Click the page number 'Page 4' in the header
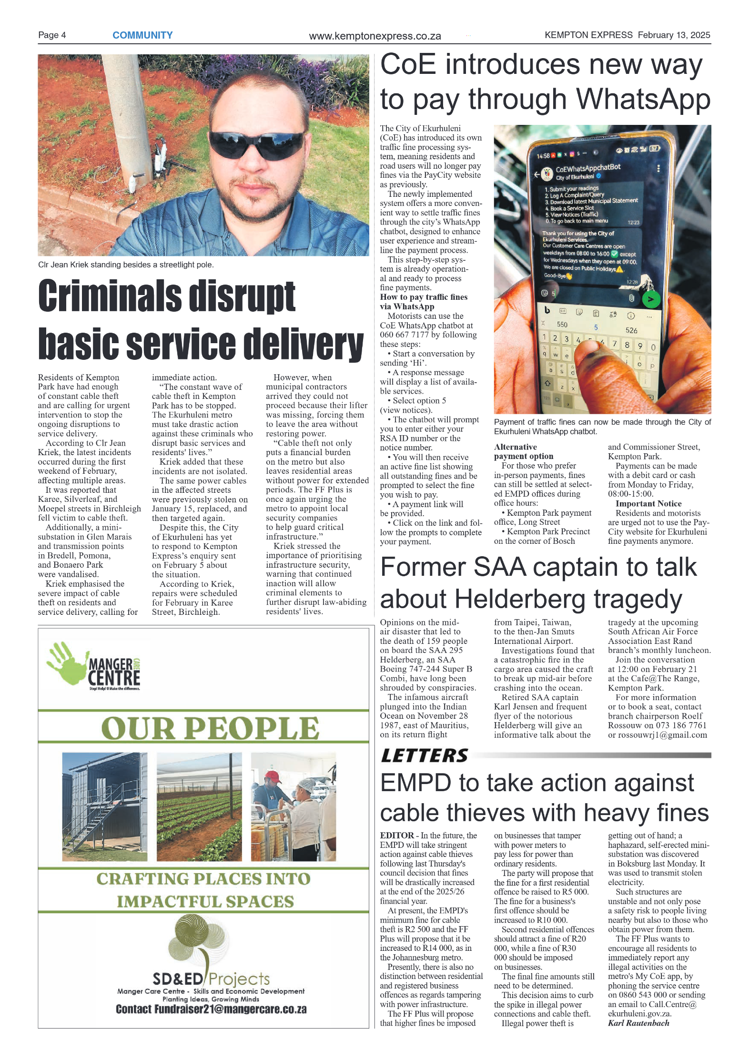click(52, 35)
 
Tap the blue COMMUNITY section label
click(142, 35)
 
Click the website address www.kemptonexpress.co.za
click(374, 36)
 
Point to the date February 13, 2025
click(674, 35)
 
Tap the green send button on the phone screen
click(650, 299)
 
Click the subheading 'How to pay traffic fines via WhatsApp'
click(423, 302)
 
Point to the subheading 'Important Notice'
click(648, 504)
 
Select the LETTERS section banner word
click(425, 756)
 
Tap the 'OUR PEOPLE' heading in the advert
click(210, 728)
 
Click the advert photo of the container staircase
click(104, 806)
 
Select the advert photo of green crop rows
click(199, 806)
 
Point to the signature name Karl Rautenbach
click(638, 1023)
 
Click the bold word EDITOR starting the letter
click(396, 836)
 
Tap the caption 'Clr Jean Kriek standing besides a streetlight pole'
click(126, 265)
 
